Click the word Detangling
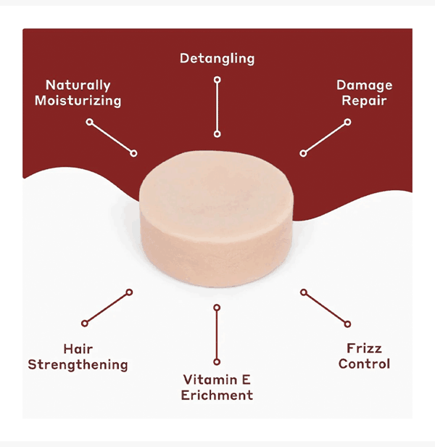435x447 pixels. point(217,58)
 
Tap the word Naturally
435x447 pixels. point(78,86)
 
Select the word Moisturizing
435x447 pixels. point(78,101)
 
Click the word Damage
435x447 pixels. point(363,86)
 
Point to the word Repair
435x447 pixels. point(364,101)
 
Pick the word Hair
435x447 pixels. point(78,350)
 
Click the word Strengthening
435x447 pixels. point(78,365)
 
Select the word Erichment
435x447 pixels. point(217,395)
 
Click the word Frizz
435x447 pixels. point(364,349)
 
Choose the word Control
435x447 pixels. point(364,364)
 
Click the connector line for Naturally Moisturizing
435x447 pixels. point(112,138)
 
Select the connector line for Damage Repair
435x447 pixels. point(326,138)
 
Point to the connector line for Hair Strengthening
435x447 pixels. point(107,308)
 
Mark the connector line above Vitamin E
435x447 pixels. point(217,335)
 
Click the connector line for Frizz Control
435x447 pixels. point(326,308)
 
